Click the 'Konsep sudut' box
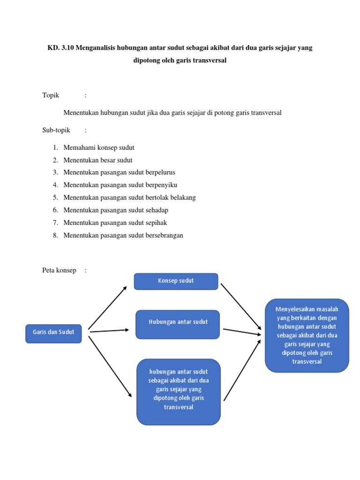click(x=176, y=281)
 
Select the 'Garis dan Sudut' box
click(x=53, y=334)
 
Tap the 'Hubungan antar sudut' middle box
click(x=178, y=324)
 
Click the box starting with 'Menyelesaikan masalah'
click(x=307, y=336)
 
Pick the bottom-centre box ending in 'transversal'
click(x=179, y=392)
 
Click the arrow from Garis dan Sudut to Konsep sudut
click(x=107, y=307)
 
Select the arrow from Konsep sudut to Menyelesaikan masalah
click(x=241, y=307)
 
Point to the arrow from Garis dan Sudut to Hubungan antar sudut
click(x=109, y=330)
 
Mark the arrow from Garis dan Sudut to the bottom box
click(x=110, y=367)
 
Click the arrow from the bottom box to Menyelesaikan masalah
click(x=242, y=370)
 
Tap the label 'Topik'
click(x=51, y=95)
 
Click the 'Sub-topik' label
click(x=56, y=130)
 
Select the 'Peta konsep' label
click(x=59, y=270)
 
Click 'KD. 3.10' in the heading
click(x=60, y=48)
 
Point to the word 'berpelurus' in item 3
click(x=160, y=172)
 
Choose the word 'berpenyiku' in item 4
click(x=161, y=185)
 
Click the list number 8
click(x=55, y=235)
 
